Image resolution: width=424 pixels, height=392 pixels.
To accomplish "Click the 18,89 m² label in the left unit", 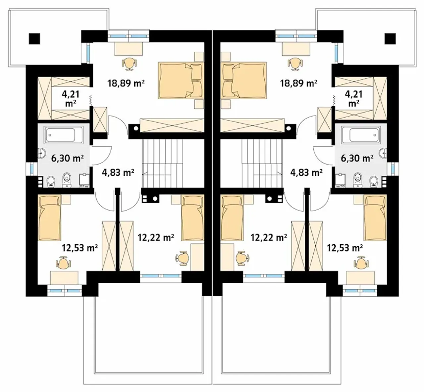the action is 126,83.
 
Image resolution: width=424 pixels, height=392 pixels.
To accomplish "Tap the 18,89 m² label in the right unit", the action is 298,83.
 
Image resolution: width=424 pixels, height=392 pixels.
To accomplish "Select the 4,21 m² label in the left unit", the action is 71,99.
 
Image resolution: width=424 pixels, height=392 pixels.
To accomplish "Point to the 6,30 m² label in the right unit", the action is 357,158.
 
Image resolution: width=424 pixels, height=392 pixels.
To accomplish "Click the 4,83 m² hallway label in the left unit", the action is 118,172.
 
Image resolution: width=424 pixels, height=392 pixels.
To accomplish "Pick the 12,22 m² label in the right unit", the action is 269,237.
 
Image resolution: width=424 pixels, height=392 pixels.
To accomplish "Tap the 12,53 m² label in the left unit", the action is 80,248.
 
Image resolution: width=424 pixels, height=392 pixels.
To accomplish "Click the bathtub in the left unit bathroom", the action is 63,135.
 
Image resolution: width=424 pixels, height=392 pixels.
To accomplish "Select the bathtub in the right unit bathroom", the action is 361,135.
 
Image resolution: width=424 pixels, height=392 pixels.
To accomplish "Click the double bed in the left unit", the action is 181,80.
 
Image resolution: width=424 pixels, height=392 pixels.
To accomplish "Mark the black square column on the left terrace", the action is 34,39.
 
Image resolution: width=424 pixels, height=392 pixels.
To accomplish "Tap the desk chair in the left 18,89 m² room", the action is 129,64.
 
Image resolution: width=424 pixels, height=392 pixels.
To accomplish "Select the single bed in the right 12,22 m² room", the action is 232,218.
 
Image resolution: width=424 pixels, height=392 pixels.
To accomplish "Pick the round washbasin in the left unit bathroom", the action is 41,153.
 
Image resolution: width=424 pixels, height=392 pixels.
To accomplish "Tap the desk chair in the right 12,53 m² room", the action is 361,263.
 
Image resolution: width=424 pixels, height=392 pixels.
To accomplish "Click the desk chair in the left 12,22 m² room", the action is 183,258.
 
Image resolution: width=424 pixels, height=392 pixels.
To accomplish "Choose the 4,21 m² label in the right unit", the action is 353,99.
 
